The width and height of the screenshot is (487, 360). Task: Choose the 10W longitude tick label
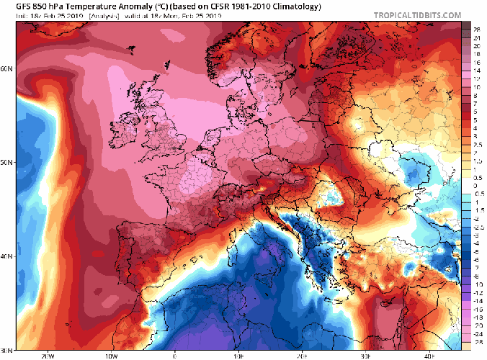[111, 356]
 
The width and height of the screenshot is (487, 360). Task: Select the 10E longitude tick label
[238, 356]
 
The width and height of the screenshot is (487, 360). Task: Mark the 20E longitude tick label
[303, 356]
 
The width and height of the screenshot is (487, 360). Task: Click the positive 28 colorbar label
[476, 26]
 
